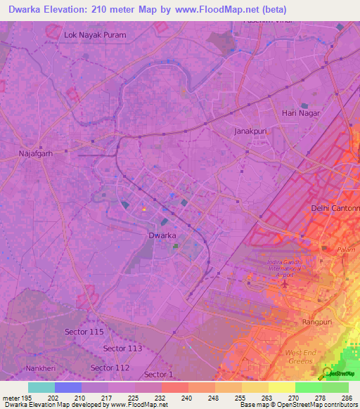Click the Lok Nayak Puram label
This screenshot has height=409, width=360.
point(94,34)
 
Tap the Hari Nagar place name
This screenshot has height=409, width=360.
point(300,112)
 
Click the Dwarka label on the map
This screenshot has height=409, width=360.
point(162,235)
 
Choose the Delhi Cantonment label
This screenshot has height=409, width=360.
point(335,208)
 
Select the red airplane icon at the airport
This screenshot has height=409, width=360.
point(285,285)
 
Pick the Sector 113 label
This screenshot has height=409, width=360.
point(122,348)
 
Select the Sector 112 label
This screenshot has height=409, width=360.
point(110,368)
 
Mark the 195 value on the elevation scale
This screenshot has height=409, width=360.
point(21,397)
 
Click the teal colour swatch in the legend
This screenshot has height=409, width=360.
point(41,387)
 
